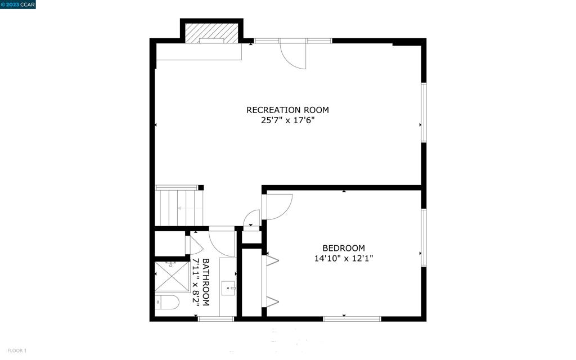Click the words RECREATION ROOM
tap(287, 110)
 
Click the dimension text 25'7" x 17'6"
tap(287, 120)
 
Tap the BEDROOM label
tap(343, 248)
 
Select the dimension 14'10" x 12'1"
tap(343, 259)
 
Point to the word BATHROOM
tap(206, 282)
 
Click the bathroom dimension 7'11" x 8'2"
tap(196, 282)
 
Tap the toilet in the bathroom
tap(166, 303)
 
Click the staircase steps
tap(179, 208)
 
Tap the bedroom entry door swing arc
tap(280, 206)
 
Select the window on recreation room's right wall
tap(424, 112)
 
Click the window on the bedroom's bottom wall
tap(352, 319)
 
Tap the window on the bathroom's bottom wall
tap(216, 319)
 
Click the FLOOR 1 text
tap(13, 351)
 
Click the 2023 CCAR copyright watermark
tap(18, 4)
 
